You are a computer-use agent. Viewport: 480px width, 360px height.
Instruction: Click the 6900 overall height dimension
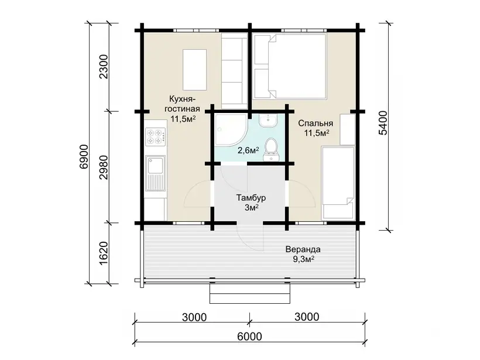tap(84, 156)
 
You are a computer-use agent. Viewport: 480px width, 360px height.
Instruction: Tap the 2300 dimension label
tap(104, 67)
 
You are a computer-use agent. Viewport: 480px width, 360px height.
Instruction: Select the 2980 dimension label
tap(104, 167)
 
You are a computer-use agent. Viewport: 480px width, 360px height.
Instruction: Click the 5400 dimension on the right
tap(383, 123)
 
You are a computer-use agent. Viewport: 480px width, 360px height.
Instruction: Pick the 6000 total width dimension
tap(249, 337)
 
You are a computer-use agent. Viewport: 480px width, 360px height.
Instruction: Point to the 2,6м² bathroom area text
tap(248, 150)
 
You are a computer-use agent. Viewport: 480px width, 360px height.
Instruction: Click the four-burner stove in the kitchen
tap(156, 136)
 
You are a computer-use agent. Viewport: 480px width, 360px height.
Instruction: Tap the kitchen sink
tap(156, 172)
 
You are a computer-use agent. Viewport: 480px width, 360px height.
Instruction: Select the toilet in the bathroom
tap(270, 149)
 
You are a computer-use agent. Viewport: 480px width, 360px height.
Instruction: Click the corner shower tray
tap(231, 131)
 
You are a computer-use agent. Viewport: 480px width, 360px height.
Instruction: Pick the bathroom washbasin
tap(268, 121)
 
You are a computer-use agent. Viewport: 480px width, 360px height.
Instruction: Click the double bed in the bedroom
tap(290, 66)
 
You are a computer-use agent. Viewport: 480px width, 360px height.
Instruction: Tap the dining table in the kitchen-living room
tap(194, 70)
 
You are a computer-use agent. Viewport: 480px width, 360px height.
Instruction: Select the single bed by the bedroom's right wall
tap(338, 183)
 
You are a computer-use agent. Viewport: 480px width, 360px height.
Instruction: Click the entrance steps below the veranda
tap(249, 293)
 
